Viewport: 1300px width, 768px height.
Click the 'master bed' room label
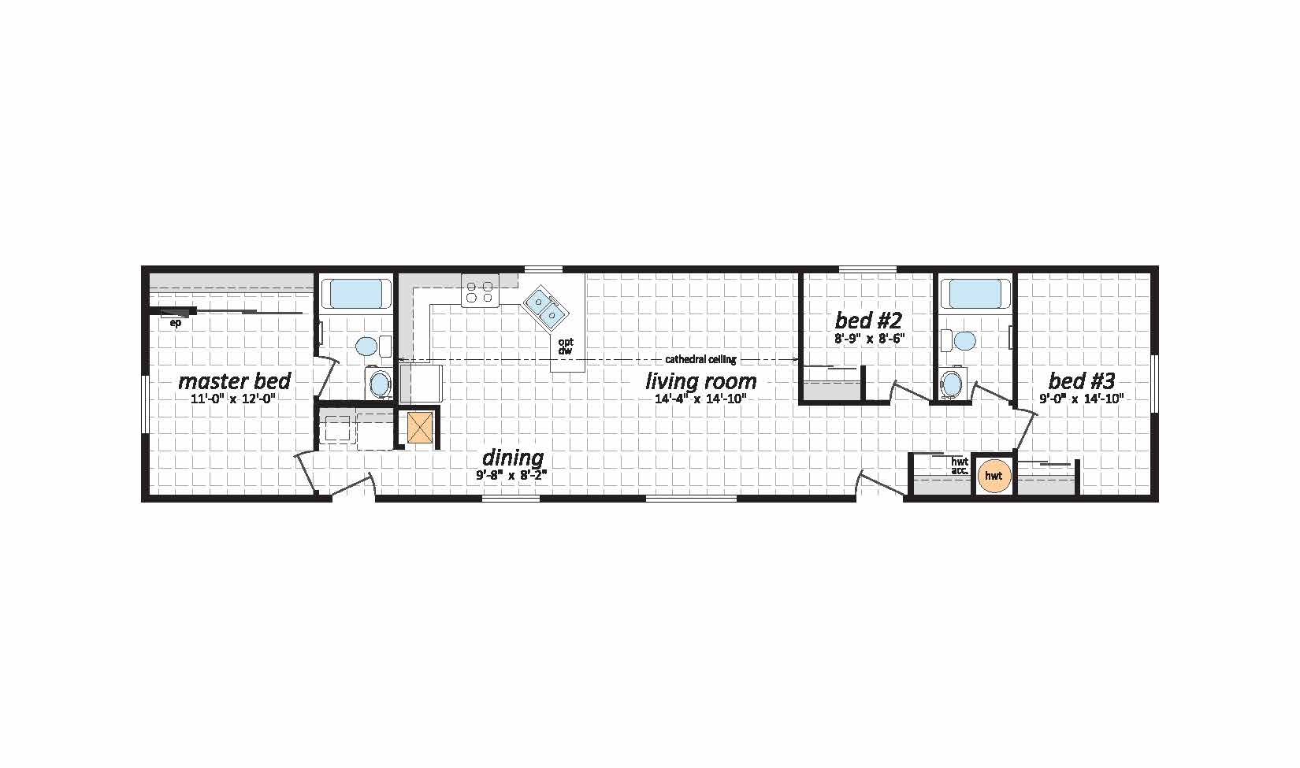click(x=235, y=381)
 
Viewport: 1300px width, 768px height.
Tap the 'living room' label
click(x=701, y=382)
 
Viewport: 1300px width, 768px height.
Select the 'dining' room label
click(x=513, y=458)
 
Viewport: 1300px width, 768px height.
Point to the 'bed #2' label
click(x=868, y=320)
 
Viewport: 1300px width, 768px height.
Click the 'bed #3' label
click(x=1081, y=381)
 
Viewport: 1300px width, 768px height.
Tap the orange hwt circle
click(x=994, y=476)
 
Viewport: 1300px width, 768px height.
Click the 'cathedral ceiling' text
click(x=700, y=360)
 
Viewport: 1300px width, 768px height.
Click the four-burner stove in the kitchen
click(x=480, y=291)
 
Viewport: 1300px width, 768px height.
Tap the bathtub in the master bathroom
click(x=356, y=294)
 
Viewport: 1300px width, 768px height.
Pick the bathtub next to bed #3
click(x=975, y=294)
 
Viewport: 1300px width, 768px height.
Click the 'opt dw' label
click(x=565, y=347)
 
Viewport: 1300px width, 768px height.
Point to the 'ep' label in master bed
click(x=175, y=323)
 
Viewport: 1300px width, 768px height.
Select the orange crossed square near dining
click(x=420, y=428)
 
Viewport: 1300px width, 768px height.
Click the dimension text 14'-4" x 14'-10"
click(x=700, y=399)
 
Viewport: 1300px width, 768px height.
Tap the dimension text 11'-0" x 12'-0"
click(x=232, y=399)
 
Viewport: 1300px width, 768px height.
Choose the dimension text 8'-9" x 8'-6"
click(x=869, y=339)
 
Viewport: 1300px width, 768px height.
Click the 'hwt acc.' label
click(x=960, y=466)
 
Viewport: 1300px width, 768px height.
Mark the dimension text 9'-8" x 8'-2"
click(x=512, y=475)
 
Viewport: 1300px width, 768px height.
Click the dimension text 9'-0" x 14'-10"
click(x=1081, y=399)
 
